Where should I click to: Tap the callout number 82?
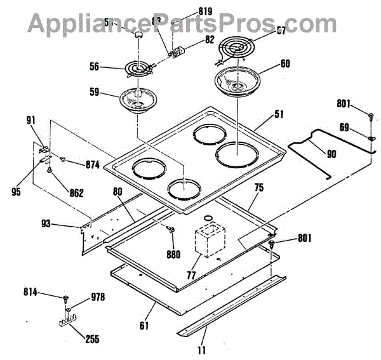(x=192, y=39)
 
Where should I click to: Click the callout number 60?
(x=284, y=64)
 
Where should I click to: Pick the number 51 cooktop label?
(x=279, y=115)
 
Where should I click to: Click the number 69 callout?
(x=344, y=128)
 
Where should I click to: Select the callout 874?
(x=93, y=165)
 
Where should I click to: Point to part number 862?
(x=76, y=194)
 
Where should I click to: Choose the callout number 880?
(x=172, y=255)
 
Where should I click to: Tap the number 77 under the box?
(x=190, y=275)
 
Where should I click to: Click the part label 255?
(x=91, y=339)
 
